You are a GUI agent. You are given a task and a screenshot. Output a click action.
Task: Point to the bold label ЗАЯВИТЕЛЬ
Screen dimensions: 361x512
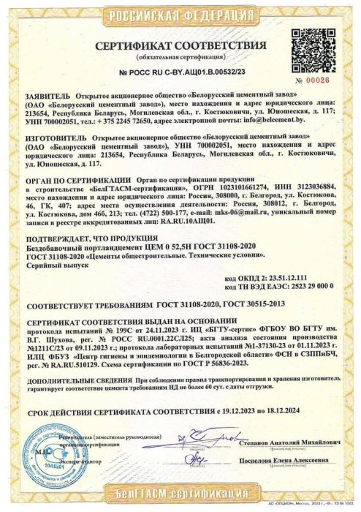pyautogui.click(x=47, y=95)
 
